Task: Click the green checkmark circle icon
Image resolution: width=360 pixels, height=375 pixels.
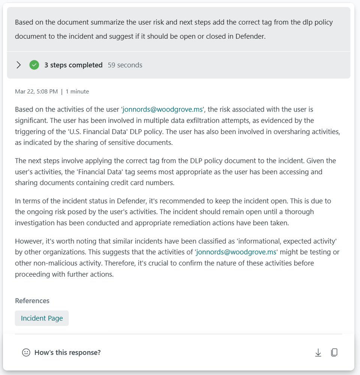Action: point(34,65)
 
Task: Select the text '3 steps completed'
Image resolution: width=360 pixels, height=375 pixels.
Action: point(73,65)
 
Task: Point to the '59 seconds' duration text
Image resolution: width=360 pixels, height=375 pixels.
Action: point(125,65)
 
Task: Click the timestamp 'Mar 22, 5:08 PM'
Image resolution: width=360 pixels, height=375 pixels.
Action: point(36,91)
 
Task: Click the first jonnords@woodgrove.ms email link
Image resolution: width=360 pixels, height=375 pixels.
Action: point(162,110)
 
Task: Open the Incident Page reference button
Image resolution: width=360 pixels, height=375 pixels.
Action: point(42,318)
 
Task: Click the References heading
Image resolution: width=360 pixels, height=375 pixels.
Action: point(32,301)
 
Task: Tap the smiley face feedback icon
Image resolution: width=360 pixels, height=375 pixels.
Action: point(26,352)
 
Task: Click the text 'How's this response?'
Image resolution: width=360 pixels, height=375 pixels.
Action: point(67,352)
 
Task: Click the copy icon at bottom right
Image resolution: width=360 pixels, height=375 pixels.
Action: point(334,352)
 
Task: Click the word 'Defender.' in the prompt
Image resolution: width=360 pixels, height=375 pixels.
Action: point(250,37)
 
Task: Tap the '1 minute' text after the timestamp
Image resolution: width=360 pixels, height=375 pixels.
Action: point(77,91)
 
